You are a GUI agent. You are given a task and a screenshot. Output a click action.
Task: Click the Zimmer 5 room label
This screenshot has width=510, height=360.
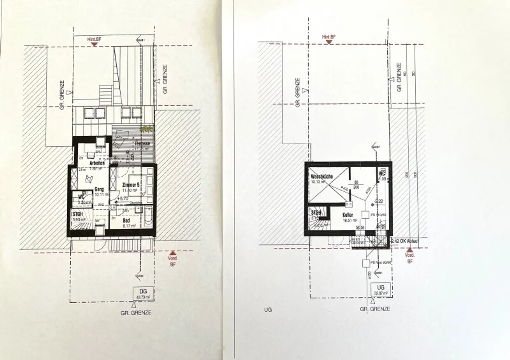pos(130,185)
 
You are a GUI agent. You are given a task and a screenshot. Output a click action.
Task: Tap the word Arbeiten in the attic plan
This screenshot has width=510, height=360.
pos(97,163)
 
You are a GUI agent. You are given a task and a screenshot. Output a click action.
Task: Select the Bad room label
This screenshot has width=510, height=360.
pos(126,220)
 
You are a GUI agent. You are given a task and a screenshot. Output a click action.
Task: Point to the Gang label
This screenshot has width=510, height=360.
pos(99,189)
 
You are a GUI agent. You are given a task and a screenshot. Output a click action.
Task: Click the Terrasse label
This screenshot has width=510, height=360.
pos(143,144)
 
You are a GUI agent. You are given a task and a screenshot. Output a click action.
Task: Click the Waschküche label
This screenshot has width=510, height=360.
pos(322,177)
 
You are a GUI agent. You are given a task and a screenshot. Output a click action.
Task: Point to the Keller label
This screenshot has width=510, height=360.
pos(348,215)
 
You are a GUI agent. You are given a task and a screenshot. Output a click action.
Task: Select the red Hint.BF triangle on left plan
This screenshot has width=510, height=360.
pos(95,43)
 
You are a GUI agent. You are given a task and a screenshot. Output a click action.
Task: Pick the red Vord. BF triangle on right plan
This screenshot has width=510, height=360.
pos(409,250)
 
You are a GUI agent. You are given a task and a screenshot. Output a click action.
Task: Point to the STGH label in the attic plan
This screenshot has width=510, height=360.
pos(78,214)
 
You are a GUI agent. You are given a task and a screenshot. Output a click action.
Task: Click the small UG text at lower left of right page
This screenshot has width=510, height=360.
pos(268,310)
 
